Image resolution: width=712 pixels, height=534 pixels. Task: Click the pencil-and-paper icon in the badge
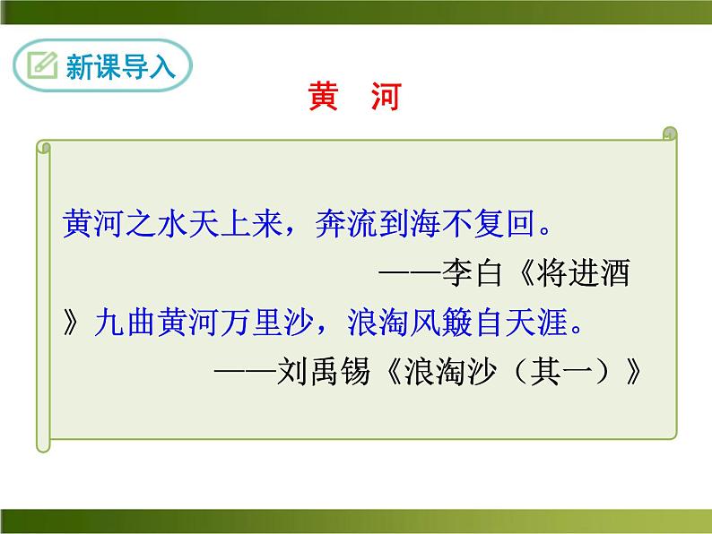coord(41,65)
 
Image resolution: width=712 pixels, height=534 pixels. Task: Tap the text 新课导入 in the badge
coord(120,67)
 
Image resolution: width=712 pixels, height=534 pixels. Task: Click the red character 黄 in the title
coord(323,98)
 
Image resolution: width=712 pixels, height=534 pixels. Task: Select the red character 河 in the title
coord(384,98)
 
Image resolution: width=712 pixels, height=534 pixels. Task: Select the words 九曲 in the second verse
coord(124,322)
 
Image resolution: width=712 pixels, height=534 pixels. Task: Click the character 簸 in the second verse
coord(473,322)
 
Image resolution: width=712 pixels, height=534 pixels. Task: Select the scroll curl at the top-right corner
coord(668,134)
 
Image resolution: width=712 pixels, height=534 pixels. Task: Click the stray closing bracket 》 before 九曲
coord(74,322)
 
